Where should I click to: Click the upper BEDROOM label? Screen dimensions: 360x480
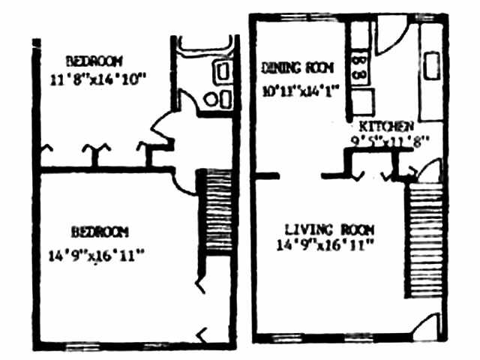tap(94, 60)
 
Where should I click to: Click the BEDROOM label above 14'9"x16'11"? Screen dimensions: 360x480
tap(100, 231)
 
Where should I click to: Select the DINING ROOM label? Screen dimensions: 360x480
tap(298, 67)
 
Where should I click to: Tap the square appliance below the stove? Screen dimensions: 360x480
tap(363, 99)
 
